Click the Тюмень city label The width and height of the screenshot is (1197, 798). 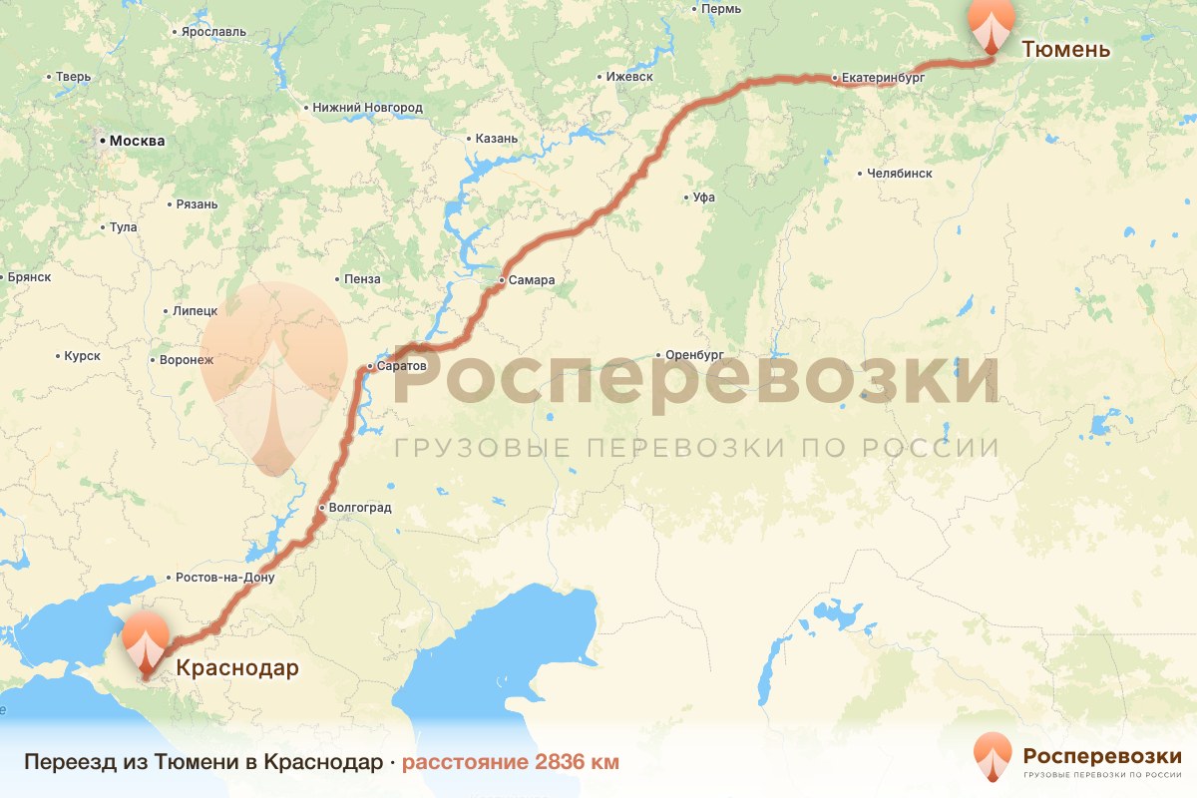point(1065,49)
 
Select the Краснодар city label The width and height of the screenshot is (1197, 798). point(236,668)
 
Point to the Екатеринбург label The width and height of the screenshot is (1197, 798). point(884,77)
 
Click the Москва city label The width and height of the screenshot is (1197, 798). point(137,141)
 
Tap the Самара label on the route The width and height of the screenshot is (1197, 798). point(531,280)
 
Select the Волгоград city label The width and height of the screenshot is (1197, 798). point(359,508)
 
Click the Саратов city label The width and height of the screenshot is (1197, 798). point(402,366)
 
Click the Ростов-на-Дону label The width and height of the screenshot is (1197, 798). point(223,578)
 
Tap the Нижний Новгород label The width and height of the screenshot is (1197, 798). point(368,107)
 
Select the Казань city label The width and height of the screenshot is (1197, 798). point(497,139)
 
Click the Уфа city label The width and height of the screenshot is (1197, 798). point(704,198)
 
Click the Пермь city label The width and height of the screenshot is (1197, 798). point(720,9)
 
